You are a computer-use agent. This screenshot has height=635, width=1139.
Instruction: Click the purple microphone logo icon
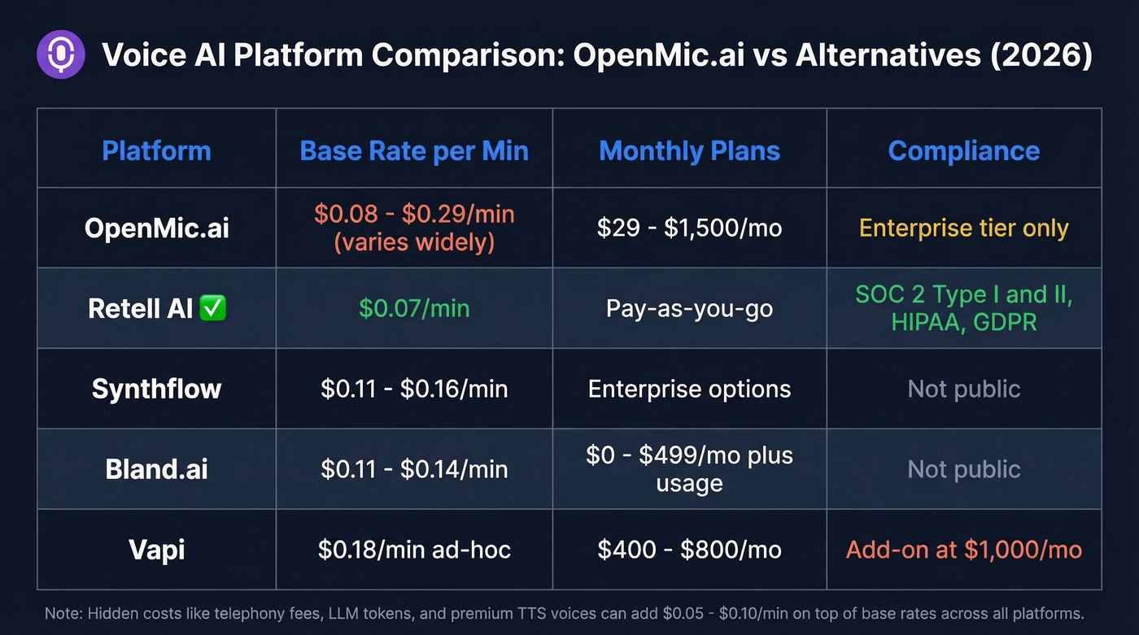point(61,54)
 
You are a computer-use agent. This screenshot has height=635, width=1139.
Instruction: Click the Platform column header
point(156,150)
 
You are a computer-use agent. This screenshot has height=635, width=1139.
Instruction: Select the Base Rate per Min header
point(414,150)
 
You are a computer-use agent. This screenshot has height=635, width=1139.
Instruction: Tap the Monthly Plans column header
point(689,150)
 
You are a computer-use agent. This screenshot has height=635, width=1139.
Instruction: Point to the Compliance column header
point(963,150)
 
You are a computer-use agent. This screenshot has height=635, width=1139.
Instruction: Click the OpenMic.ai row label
point(156,228)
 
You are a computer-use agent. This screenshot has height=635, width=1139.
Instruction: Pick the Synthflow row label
point(156,389)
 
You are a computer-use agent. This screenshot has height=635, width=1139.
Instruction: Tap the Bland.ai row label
point(156,469)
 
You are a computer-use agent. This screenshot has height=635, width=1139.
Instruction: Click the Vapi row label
point(156,550)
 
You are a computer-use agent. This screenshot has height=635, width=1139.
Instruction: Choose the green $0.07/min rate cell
point(414,308)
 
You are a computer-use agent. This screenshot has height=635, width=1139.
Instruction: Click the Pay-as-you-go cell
point(689,308)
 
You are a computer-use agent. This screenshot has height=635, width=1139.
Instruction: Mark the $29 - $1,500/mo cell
point(689,228)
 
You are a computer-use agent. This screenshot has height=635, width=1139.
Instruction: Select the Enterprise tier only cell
point(963,228)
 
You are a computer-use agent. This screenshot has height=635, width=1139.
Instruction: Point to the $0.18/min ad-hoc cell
point(414,550)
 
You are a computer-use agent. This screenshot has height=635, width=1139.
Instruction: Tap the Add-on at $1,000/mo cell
point(963,550)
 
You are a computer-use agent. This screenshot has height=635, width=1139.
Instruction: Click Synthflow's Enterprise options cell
point(689,389)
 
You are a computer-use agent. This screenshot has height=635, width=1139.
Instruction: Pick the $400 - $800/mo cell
point(689,550)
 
